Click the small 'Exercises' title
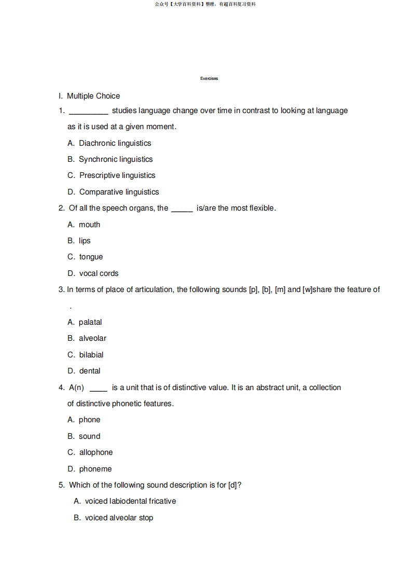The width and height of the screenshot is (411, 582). click(209, 79)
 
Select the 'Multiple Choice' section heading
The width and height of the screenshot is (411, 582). click(93, 96)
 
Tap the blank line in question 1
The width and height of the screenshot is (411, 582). click(88, 112)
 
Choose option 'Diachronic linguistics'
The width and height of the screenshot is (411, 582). click(115, 143)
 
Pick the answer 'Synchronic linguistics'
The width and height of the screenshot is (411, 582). click(116, 159)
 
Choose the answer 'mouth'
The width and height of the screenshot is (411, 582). click(89, 225)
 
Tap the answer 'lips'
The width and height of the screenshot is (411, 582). click(85, 241)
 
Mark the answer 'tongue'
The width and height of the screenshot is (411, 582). click(91, 257)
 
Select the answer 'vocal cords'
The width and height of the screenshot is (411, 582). click(99, 273)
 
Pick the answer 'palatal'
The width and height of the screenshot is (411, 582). click(90, 322)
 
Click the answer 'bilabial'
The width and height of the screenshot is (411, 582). click(91, 355)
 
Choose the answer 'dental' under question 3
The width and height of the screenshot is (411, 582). click(90, 371)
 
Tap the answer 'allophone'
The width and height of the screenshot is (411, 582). click(95, 452)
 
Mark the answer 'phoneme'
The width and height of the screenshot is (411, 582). click(95, 469)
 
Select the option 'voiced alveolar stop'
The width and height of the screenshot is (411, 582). click(119, 518)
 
